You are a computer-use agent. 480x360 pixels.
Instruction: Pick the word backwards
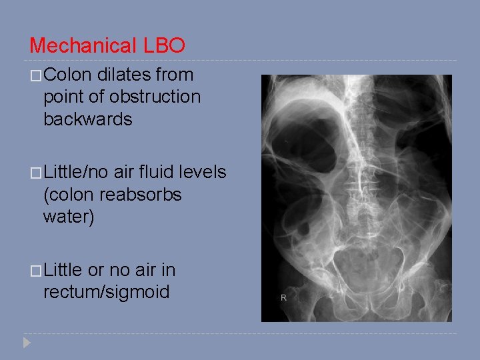coord(87,119)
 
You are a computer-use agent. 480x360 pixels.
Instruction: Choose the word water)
coord(68,217)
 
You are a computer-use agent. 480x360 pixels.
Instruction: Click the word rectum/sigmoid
coord(106,292)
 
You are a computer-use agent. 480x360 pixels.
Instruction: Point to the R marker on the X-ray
coord(283,297)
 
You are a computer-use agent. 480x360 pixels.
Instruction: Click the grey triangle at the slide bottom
coord(27,343)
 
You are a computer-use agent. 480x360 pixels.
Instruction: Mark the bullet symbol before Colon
coord(35,75)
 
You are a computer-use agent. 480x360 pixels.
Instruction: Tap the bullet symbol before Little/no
coord(35,173)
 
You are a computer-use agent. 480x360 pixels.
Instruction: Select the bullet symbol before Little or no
coord(35,270)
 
